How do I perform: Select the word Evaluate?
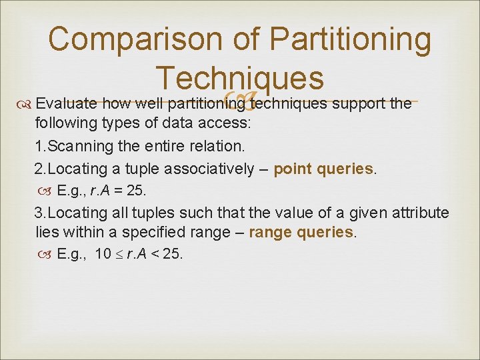pyautogui.click(x=61, y=104)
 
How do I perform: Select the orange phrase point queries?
pyautogui.click(x=324, y=169)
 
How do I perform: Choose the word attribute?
pyautogui.click(x=421, y=213)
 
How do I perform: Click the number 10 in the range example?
pyautogui.click(x=103, y=254)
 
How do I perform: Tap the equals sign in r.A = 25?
pyautogui.click(x=119, y=191)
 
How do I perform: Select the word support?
pyautogui.click(x=359, y=104)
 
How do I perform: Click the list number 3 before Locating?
pyautogui.click(x=39, y=213)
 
